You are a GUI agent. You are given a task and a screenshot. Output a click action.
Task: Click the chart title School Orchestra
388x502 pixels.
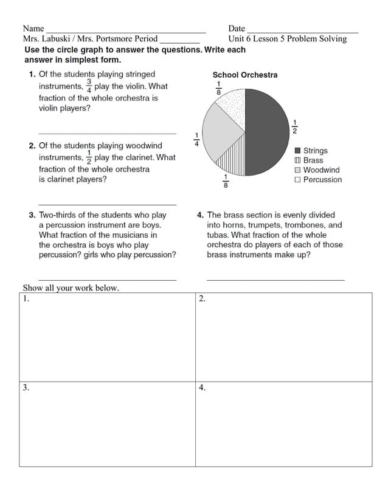click(244, 75)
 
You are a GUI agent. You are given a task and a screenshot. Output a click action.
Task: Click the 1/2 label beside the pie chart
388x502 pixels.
click(295, 126)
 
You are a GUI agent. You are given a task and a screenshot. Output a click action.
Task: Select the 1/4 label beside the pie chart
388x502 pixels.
click(196, 140)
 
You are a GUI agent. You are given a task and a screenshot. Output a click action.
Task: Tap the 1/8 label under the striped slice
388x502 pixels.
click(225, 182)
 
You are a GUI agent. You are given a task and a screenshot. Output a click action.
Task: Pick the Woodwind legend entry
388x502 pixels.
click(317, 170)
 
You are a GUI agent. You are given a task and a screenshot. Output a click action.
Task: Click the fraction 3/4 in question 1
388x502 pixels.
click(89, 86)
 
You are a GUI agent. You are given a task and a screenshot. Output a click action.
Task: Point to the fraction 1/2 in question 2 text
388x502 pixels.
click(89, 157)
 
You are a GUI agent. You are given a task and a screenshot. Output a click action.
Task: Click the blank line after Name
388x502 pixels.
click(126, 30)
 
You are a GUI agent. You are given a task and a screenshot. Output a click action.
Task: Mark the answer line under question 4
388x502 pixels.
click(275, 279)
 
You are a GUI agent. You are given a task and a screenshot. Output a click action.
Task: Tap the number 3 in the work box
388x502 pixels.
click(26, 388)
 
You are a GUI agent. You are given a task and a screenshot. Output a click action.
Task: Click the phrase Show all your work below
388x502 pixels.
click(71, 288)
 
